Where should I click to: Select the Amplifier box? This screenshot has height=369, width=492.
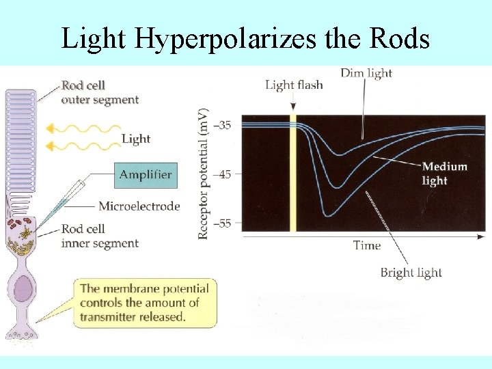pos(146,175)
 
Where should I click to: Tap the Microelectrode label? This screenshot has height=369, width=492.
pos(139,206)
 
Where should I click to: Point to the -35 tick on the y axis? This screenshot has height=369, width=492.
pos(223,125)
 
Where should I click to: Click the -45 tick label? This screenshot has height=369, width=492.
pos(223,174)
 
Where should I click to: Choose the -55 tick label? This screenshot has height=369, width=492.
pos(223,223)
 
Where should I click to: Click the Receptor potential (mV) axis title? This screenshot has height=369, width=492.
pos(203,174)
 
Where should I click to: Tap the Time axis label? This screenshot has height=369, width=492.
pos(367,245)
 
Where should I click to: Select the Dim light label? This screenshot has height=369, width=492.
pos(366,73)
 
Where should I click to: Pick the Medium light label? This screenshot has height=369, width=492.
pos(444,174)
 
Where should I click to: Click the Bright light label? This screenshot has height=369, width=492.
pos(411,273)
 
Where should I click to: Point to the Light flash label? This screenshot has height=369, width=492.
pos(294,85)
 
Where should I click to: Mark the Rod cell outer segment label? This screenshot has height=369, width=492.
pos(100,93)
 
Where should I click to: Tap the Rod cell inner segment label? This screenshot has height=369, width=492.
pos(100,236)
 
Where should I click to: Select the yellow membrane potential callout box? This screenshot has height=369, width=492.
pos(143,302)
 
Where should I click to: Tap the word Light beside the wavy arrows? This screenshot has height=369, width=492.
pos(136,139)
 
